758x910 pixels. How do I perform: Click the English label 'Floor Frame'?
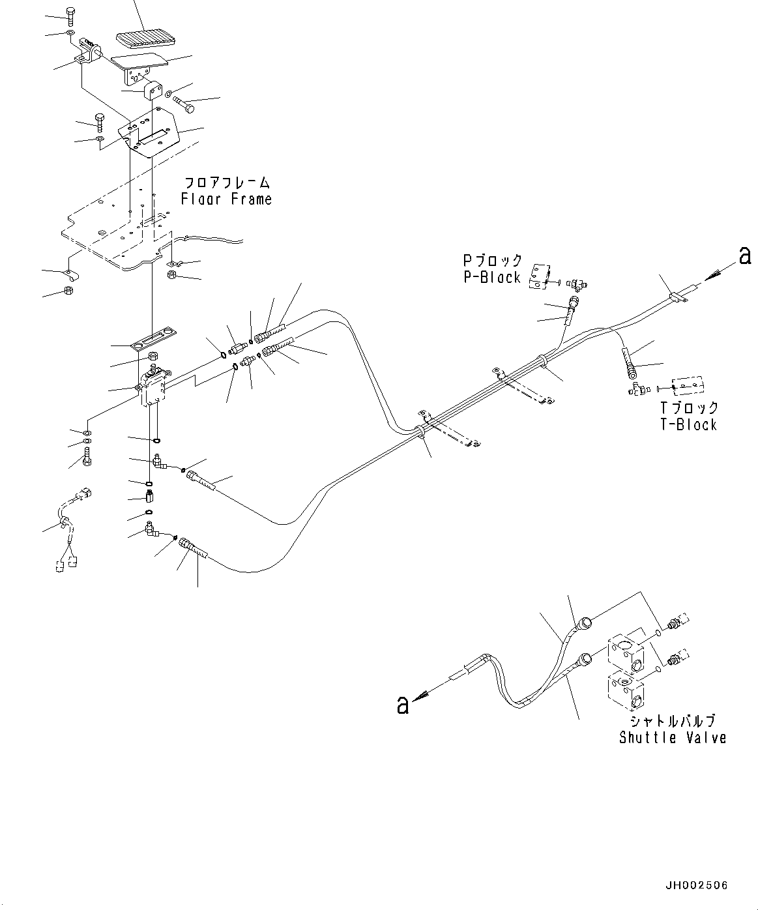226,199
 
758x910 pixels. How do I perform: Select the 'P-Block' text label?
492,277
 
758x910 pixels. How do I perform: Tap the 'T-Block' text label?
688,424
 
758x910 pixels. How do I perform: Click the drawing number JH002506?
697,885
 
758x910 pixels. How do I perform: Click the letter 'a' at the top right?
744,256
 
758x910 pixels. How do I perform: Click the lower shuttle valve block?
626,694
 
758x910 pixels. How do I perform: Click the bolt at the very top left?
70,14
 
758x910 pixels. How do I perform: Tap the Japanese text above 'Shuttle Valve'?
672,721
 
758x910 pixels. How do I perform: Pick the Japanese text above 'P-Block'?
492,260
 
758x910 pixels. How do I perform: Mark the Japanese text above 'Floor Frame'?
226,183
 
